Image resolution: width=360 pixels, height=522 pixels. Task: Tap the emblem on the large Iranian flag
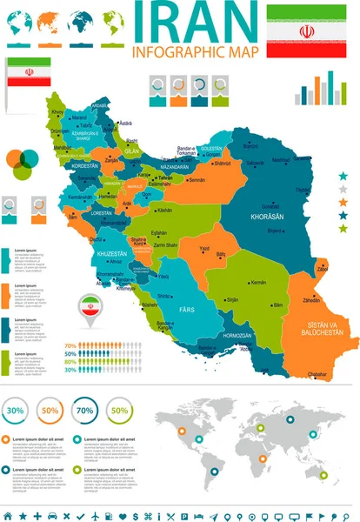pos(306,31)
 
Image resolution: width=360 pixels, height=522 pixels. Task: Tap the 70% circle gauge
pos(83,409)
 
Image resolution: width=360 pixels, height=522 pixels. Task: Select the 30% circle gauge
pos(15,409)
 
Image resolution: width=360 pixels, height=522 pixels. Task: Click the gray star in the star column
pos(343,189)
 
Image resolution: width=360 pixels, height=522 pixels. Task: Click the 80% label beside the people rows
pos(70,361)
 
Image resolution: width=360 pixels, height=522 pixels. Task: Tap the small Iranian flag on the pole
pos(25,72)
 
